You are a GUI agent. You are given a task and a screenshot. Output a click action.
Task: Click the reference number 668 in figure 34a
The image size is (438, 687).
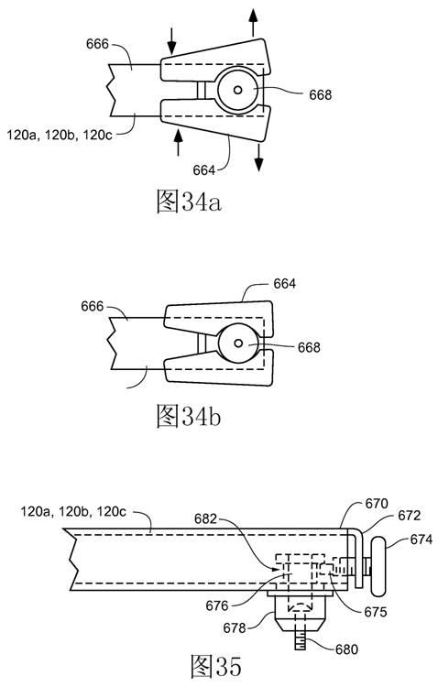pyautogui.click(x=320, y=95)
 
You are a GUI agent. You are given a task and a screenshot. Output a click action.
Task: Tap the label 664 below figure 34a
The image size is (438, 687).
pyautogui.click(x=204, y=170)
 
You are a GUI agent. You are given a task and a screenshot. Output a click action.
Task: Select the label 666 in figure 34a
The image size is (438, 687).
pyautogui.click(x=97, y=44)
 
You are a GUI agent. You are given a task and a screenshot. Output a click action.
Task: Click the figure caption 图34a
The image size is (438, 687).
pyautogui.click(x=189, y=202)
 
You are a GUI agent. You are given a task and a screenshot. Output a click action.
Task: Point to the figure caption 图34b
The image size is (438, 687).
pyautogui.click(x=189, y=416)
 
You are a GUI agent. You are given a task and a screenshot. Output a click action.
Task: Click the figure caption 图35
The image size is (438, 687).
pyautogui.click(x=216, y=666)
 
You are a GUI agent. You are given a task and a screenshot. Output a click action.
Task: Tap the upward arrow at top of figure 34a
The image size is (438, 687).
pyautogui.click(x=253, y=22)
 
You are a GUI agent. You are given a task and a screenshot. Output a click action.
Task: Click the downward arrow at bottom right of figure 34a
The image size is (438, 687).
pyautogui.click(x=259, y=158)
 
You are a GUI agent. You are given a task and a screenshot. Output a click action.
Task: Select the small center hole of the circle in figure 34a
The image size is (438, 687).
pyautogui.click(x=238, y=90)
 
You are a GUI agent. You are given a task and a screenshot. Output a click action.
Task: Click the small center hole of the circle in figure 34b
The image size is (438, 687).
pyautogui.click(x=238, y=343)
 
